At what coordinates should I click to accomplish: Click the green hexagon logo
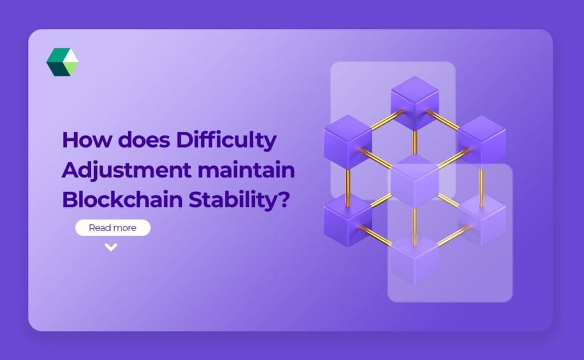(62, 62)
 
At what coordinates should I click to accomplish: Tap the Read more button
(113, 228)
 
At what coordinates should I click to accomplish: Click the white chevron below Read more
(111, 247)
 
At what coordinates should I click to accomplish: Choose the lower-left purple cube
(347, 220)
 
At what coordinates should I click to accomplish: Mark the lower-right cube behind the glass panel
(481, 220)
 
